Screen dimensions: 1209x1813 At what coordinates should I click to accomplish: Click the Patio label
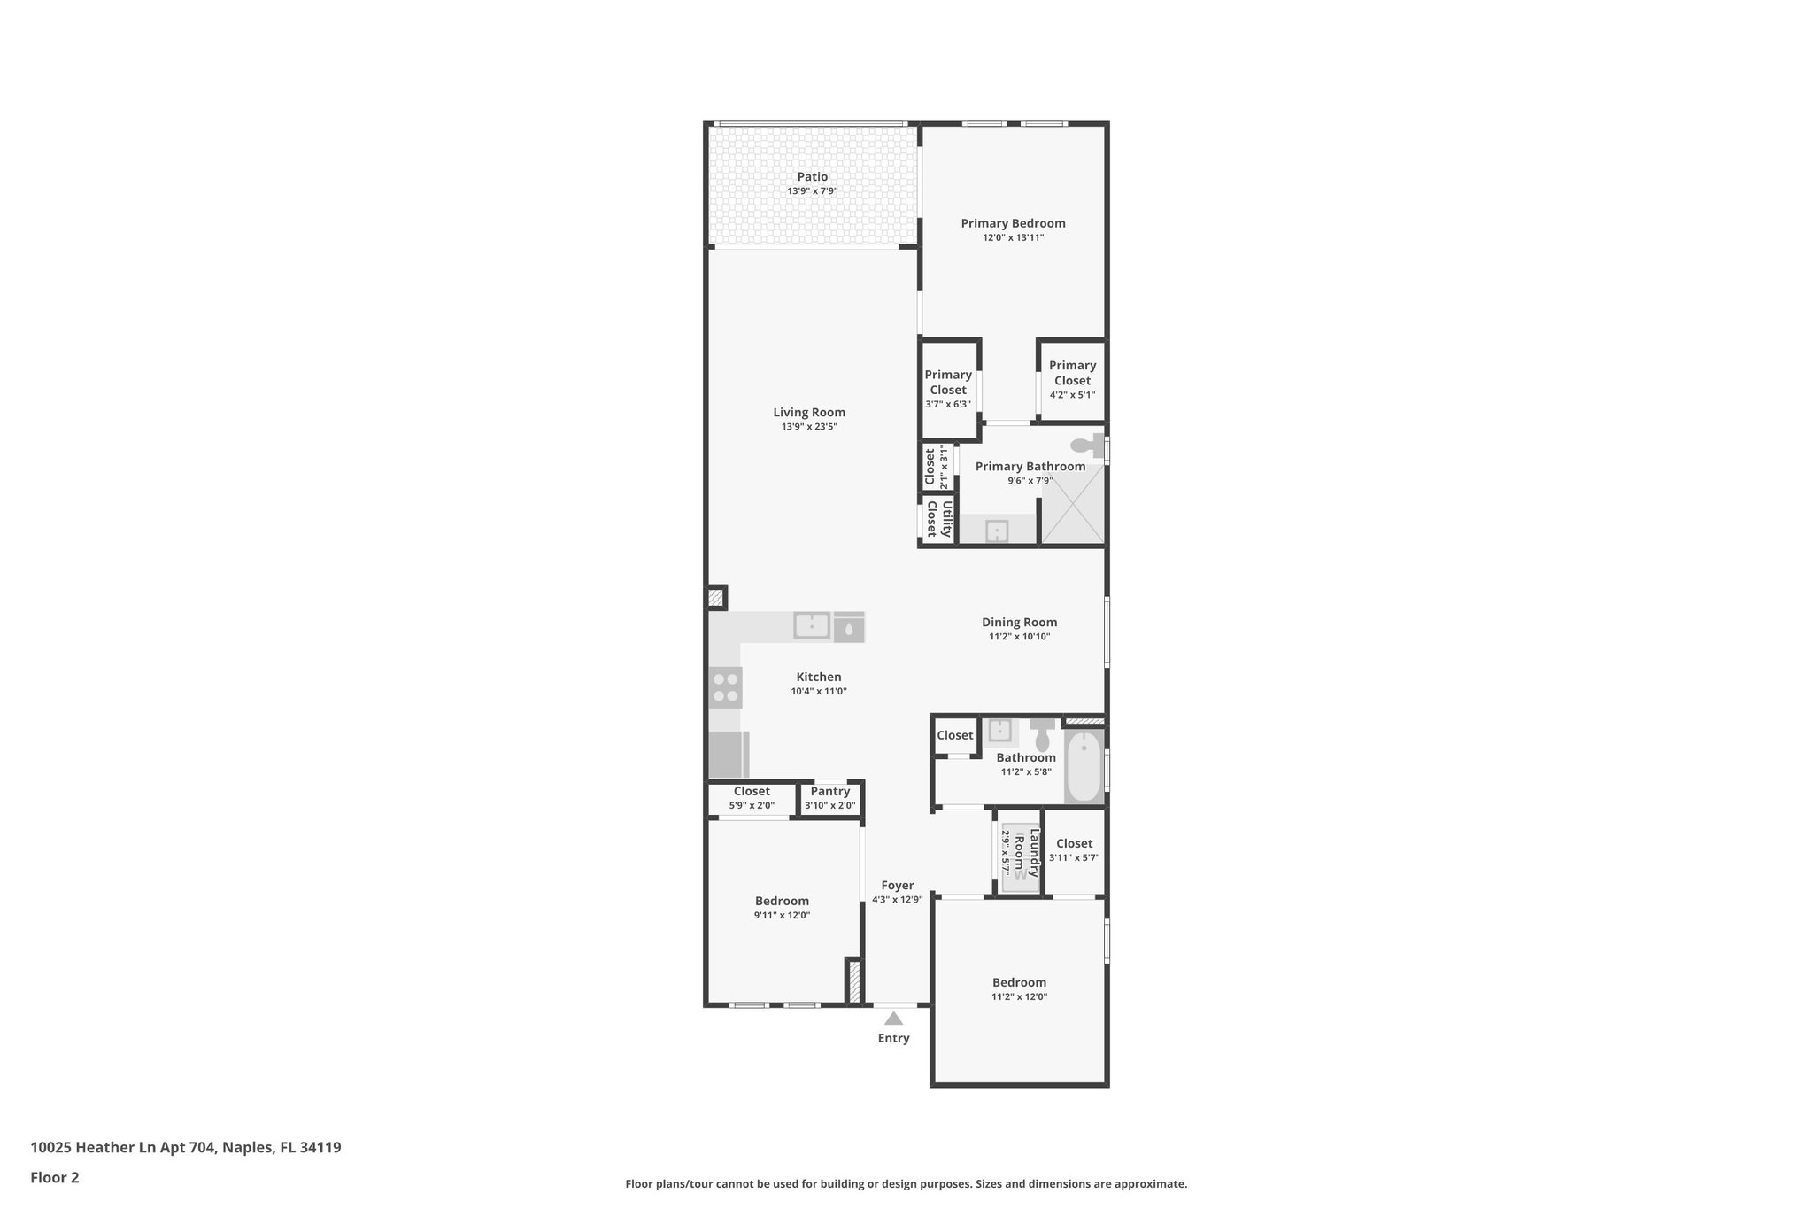[x=812, y=177]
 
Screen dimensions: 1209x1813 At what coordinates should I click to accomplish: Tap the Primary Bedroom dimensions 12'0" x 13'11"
[x=1013, y=237]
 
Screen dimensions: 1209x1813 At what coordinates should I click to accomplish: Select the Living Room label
[x=809, y=412]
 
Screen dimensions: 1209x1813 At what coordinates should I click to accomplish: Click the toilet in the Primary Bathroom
[x=1088, y=445]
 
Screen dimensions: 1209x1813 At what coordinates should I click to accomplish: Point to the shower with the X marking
[x=1072, y=504]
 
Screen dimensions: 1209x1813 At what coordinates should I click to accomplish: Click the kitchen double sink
[x=812, y=626]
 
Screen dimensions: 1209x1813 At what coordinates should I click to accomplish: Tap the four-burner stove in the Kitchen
[x=726, y=687]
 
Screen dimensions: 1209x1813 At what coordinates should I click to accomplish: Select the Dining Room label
[x=1019, y=622]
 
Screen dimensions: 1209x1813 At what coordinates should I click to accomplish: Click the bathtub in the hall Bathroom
[x=1083, y=766]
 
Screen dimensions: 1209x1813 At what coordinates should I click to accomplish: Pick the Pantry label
[x=829, y=791]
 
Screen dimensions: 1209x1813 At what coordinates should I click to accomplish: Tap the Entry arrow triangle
[x=893, y=1019]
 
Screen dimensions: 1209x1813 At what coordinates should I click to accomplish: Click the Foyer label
[x=897, y=885]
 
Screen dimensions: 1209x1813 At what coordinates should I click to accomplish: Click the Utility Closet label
[x=938, y=519]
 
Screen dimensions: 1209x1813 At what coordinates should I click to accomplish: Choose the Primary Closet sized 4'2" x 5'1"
[x=1072, y=379]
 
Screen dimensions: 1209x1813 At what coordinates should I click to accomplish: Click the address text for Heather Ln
[x=185, y=1147]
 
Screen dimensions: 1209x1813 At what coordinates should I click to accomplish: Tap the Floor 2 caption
[x=55, y=1177]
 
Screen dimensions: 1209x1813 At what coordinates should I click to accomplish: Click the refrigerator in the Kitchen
[x=729, y=755]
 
